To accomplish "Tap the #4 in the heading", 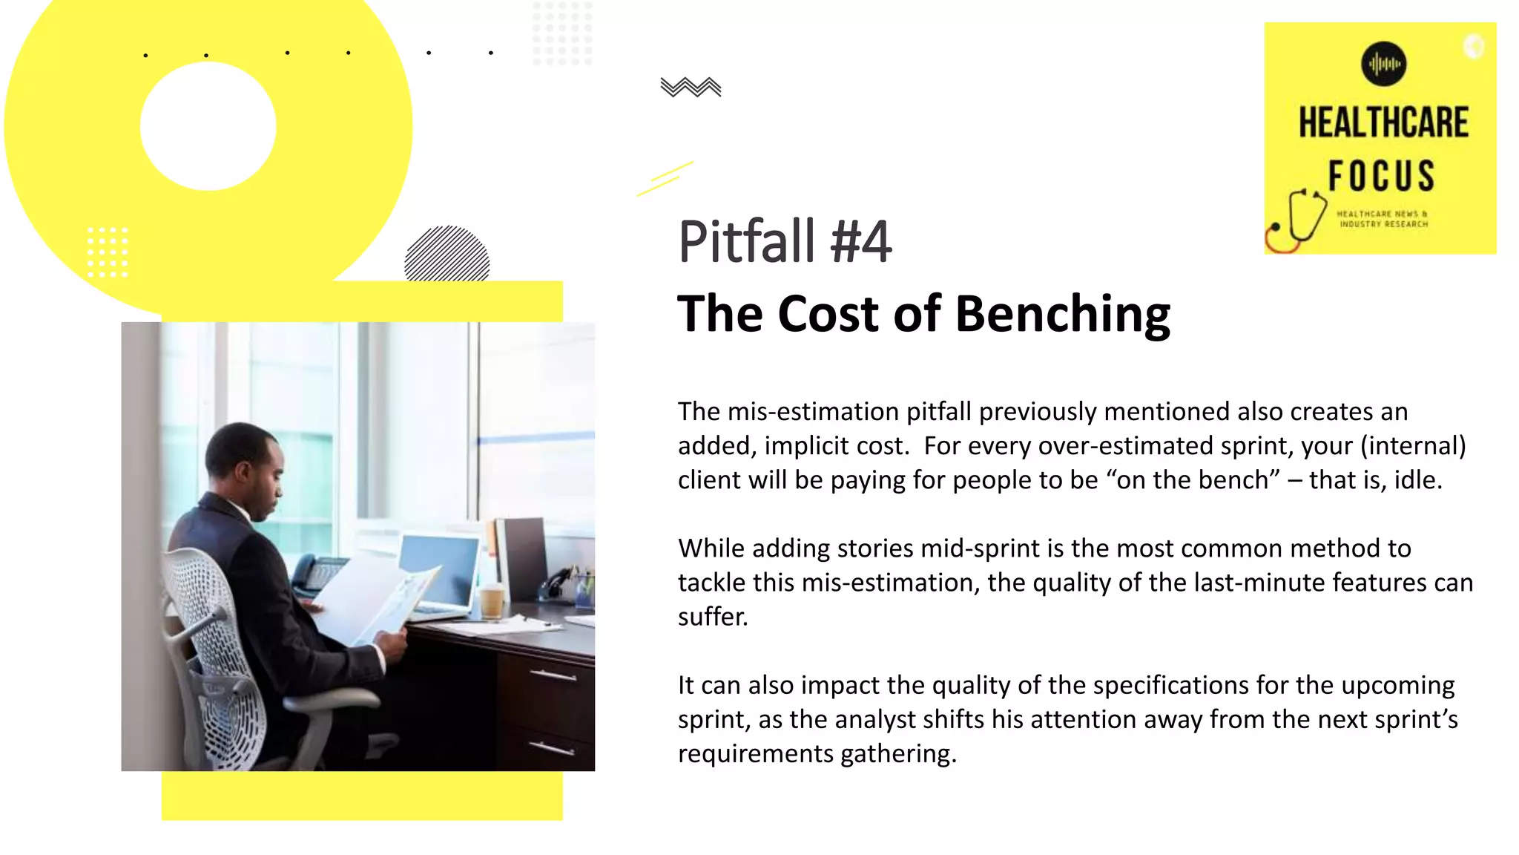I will [x=861, y=242].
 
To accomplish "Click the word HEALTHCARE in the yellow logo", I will [x=1383, y=123].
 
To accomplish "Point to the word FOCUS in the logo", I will [x=1381, y=176].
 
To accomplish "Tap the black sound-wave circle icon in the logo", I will [x=1383, y=64].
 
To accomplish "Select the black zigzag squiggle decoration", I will [x=691, y=88].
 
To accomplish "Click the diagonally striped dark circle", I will [x=447, y=255].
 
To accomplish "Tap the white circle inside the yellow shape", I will [x=208, y=126].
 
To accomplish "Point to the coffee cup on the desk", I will [x=492, y=600].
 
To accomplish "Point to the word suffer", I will [x=712, y=617].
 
